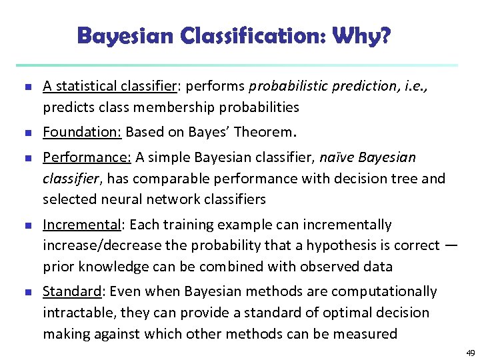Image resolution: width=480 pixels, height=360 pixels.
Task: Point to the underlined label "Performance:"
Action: (87, 158)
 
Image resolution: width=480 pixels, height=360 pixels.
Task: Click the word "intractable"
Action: (76, 313)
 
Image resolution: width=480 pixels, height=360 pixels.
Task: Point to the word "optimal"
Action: (323, 313)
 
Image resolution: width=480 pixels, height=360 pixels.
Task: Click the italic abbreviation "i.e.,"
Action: (413, 86)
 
